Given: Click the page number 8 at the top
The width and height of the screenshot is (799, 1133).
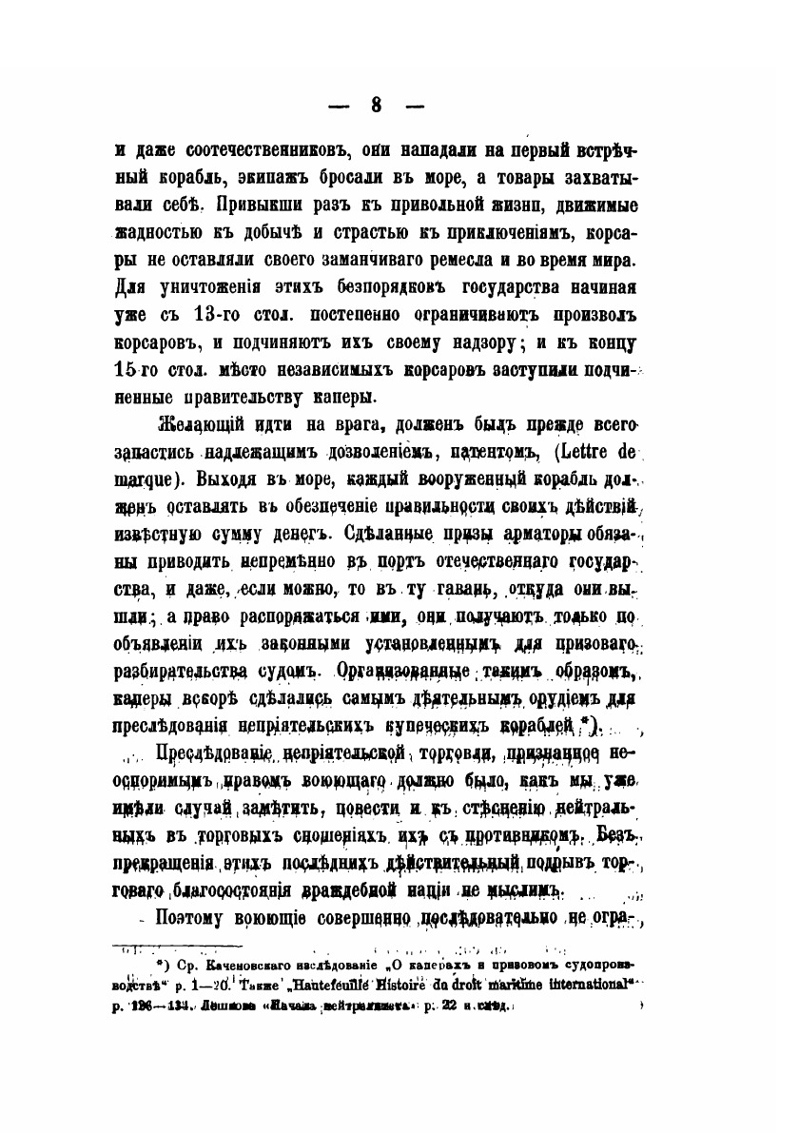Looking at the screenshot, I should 377,106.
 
